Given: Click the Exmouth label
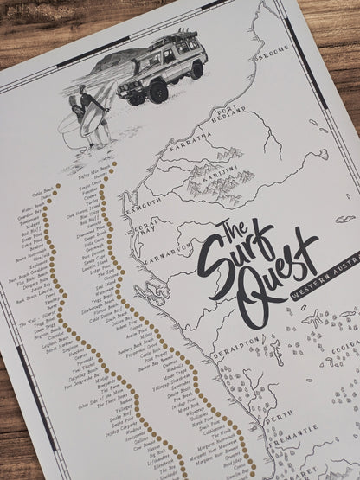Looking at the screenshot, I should click(x=144, y=203).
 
